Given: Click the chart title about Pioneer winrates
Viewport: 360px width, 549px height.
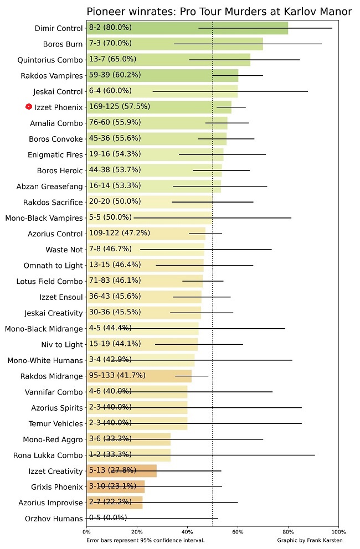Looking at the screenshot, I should [219, 12].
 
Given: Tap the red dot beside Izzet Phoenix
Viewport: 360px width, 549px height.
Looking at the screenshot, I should [29, 107].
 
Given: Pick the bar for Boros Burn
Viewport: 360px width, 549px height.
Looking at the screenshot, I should [174, 44].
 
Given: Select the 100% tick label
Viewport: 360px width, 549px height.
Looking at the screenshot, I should [338, 532].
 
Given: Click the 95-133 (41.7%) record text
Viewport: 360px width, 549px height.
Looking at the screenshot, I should [117, 376].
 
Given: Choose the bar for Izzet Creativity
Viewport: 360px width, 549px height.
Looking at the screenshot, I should [122, 471].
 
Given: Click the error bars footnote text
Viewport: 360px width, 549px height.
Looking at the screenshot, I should [146, 540].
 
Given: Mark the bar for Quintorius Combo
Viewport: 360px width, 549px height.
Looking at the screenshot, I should [168, 59].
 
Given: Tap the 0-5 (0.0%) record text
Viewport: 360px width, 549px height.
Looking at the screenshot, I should [107, 518].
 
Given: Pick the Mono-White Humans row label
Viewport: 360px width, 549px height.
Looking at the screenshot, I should [45, 361].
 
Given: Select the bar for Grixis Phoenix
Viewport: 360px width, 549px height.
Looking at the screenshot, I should [116, 487].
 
